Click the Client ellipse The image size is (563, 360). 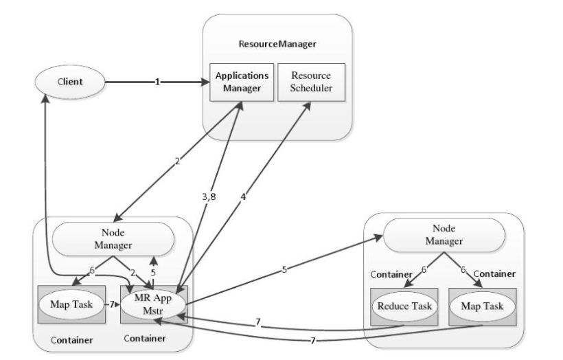point(69,82)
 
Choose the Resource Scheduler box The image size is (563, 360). point(311,81)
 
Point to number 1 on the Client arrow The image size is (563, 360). point(157,82)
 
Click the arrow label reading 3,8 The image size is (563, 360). point(209,198)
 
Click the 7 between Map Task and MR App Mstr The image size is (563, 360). point(112,304)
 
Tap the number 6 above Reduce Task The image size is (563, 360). point(424,270)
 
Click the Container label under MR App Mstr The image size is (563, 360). point(144,339)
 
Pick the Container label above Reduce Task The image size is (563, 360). point(391,273)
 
